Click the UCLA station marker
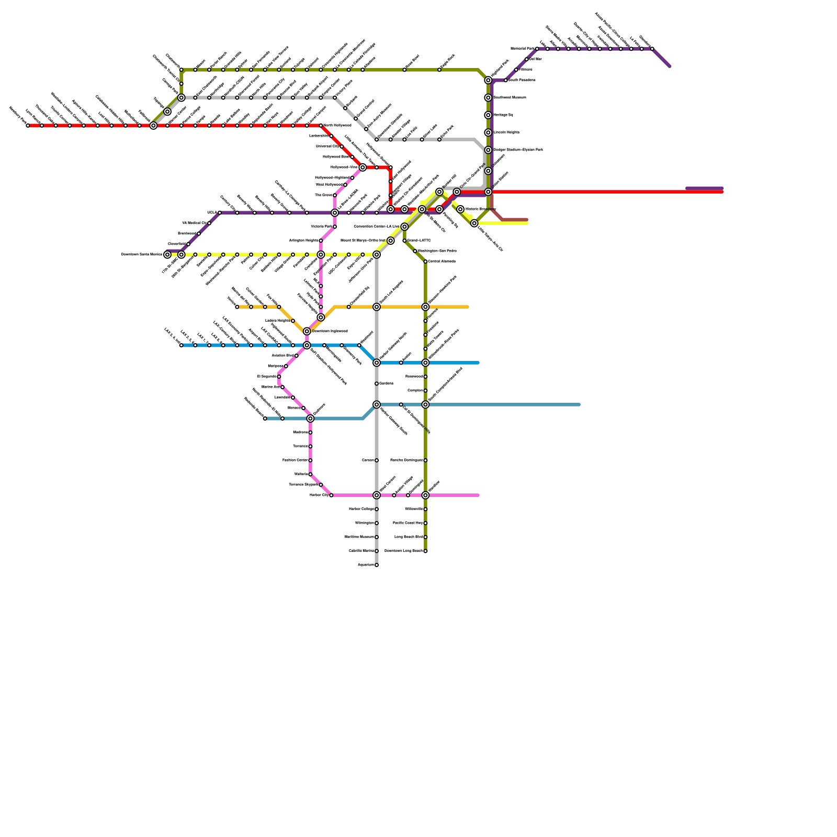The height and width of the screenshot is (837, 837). coord(220,213)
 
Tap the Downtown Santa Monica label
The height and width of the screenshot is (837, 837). coord(142,255)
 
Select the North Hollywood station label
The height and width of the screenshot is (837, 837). coord(337,126)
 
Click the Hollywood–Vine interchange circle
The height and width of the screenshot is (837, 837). coord(363,167)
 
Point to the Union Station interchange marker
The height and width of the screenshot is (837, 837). coord(488,192)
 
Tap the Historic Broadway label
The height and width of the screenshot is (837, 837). coord(480,209)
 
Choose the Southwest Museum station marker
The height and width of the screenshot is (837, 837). coord(488,98)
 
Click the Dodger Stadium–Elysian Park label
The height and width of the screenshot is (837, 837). coord(518,150)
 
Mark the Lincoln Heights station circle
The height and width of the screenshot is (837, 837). coord(488,133)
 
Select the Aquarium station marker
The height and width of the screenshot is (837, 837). coord(377,565)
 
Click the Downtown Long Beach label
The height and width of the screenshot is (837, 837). coord(403,551)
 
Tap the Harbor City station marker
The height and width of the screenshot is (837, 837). coord(331,495)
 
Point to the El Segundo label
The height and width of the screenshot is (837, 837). coord(267,377)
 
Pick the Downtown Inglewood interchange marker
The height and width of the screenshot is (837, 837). coord(307,332)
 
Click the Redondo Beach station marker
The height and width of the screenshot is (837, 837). coord(265,418)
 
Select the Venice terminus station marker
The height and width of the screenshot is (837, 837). coord(237,307)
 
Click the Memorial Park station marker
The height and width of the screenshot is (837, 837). coord(537,49)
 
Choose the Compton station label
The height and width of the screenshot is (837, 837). coord(415,391)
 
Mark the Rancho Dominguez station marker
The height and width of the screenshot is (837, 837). coord(425,460)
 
